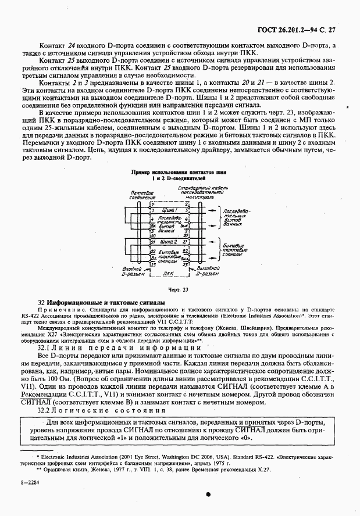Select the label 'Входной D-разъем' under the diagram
(135, 271)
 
